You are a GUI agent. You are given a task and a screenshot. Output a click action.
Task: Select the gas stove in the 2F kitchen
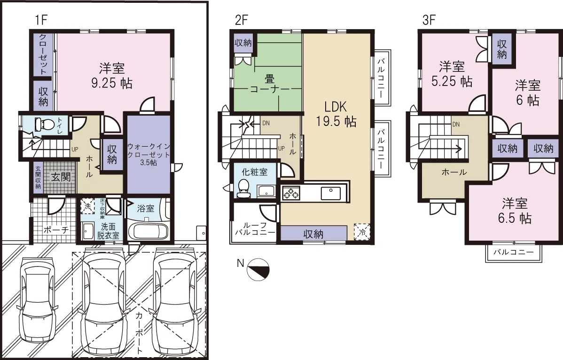[291, 194]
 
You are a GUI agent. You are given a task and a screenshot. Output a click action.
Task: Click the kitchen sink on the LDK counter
[331, 194]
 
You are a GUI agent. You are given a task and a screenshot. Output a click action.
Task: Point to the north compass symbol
[258, 269]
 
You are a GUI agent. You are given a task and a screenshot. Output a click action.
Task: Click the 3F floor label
[429, 20]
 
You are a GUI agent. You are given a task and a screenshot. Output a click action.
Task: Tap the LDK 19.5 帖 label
[336, 114]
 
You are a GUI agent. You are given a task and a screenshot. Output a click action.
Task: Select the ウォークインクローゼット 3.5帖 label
[149, 155]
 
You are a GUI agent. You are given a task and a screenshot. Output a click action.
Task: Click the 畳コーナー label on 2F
[270, 84]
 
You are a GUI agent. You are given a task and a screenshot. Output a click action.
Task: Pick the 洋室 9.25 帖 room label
[112, 75]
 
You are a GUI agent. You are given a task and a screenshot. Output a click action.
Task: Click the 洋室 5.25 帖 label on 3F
[452, 74]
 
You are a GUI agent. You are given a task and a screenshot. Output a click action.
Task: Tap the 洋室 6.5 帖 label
[515, 211]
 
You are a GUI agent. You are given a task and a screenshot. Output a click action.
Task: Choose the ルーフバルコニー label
[255, 228]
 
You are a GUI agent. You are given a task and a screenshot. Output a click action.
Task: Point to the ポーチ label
[56, 229]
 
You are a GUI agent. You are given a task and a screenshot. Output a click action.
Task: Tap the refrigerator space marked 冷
[362, 232]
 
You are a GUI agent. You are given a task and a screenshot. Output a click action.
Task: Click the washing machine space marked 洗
[87, 206]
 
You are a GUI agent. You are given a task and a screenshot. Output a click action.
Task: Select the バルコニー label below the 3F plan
[513, 252]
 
